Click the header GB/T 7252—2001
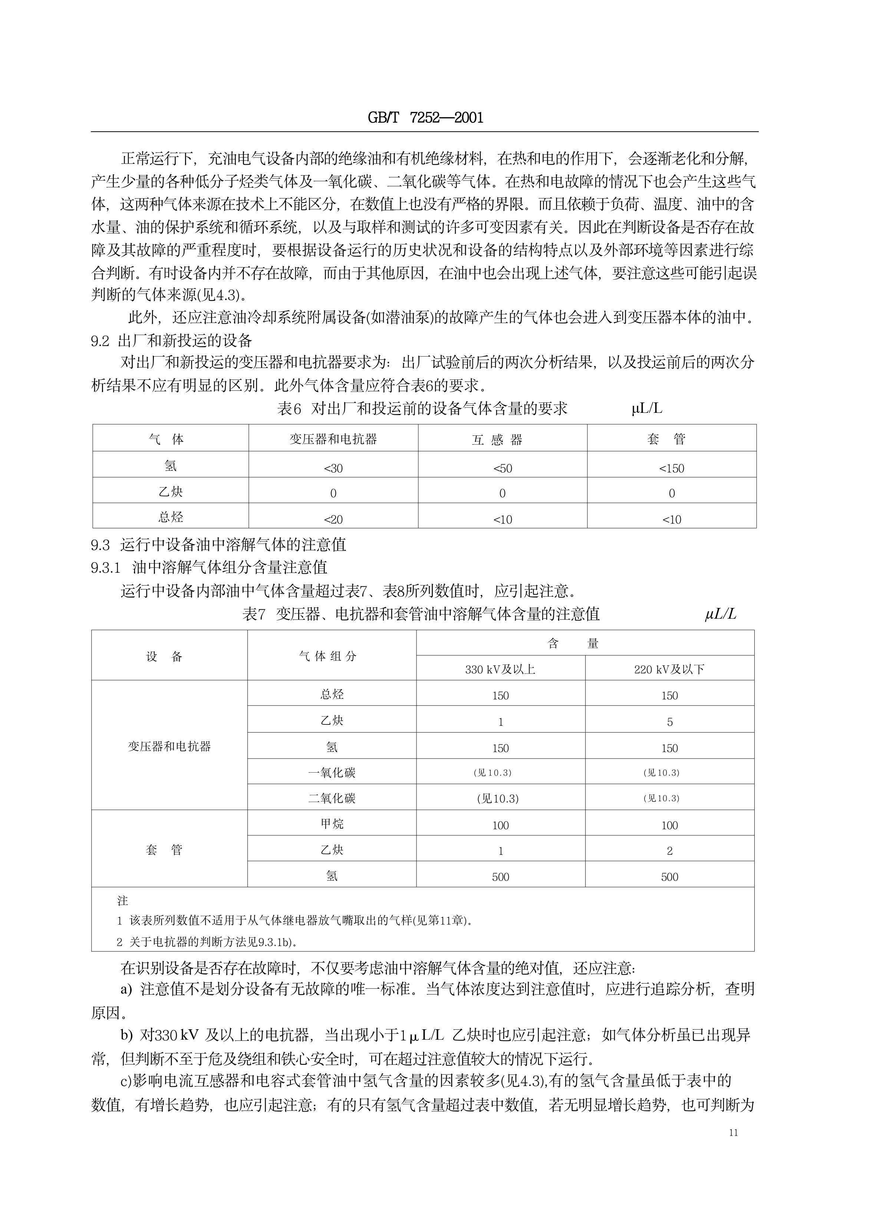coord(425,117)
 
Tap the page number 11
coord(734,1132)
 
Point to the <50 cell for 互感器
coord(502,469)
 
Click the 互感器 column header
coord(497,440)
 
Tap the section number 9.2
coord(100,341)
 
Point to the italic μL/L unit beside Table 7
coord(720,614)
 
